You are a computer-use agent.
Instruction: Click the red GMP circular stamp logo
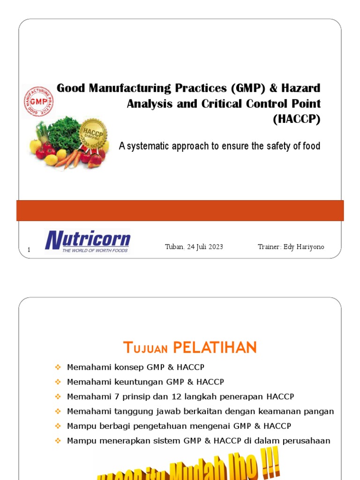click(38, 102)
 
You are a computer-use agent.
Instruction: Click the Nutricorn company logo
click(88, 241)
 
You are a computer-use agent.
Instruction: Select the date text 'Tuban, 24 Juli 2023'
click(194, 247)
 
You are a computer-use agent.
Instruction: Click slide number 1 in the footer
click(29, 250)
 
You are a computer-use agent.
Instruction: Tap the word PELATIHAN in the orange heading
click(215, 348)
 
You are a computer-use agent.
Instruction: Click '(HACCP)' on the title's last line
click(297, 120)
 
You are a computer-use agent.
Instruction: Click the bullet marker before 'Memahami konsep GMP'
click(58, 367)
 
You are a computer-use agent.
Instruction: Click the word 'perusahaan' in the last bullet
click(308, 441)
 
